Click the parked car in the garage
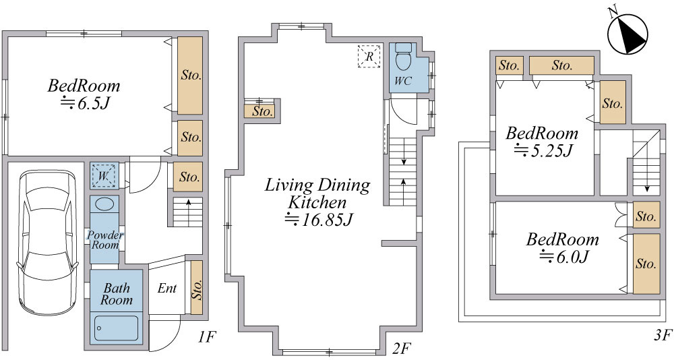point(47,242)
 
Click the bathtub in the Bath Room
point(116,328)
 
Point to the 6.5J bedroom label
point(84,94)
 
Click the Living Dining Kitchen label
point(317,202)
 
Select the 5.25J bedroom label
point(542,142)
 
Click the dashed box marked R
point(369,56)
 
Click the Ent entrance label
point(166,288)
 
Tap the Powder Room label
point(105,240)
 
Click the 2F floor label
point(400,349)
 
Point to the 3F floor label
point(663,334)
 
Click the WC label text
point(403,80)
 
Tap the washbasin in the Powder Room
point(104,204)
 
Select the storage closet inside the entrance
point(196,287)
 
